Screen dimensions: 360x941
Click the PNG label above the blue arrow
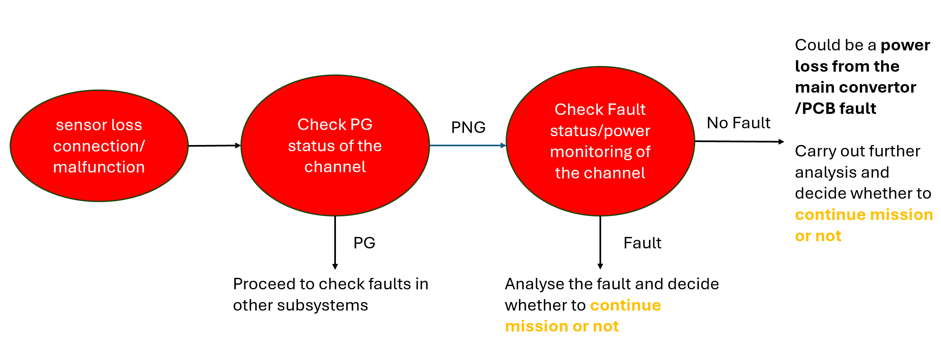coord(468,127)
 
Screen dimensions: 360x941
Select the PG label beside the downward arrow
coord(364,243)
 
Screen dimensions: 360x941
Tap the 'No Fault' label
coord(738,123)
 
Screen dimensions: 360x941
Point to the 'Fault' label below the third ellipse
coord(642,243)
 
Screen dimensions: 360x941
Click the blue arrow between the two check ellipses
coord(468,145)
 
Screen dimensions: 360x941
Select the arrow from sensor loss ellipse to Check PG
coord(214,146)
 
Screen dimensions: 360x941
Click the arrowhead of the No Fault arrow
coord(781,142)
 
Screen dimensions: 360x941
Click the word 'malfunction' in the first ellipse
coord(99,167)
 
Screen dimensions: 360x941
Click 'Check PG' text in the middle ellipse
coord(335,124)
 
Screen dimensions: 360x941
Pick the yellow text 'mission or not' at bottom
coord(562,326)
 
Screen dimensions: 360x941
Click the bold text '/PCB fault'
coord(836,108)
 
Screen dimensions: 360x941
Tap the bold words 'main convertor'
coord(855,87)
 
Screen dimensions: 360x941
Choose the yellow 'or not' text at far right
coord(818,236)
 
